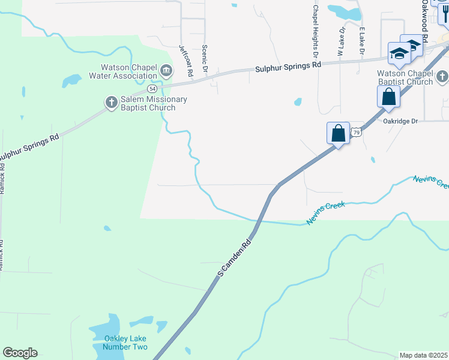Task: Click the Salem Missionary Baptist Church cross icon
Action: click(111, 103)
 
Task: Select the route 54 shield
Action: click(153, 89)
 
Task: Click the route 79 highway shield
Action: click(357, 132)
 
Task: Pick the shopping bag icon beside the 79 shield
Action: click(339, 133)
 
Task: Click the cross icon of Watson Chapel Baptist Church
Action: click(442, 76)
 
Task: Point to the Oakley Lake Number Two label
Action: click(125, 343)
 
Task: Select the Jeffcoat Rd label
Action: click(185, 60)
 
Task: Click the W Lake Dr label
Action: click(340, 41)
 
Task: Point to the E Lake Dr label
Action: click(362, 41)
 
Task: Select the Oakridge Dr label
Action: click(400, 121)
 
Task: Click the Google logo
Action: click(20, 353)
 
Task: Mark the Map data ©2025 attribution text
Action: click(423, 355)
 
